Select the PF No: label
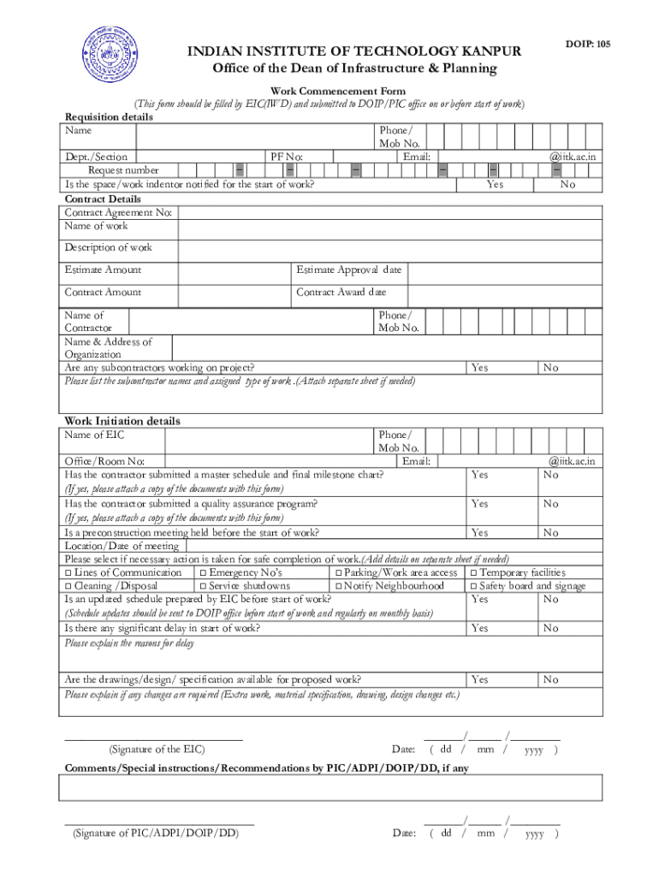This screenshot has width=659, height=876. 287,157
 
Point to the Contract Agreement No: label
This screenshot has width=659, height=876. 118,211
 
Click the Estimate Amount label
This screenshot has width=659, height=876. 103,269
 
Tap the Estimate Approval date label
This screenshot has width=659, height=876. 348,269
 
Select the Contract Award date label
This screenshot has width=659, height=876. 341,292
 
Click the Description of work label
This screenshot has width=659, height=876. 108,247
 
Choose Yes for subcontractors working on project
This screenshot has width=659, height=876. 479,367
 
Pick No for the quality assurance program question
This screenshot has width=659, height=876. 549,504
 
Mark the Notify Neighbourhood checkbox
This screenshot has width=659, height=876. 338,586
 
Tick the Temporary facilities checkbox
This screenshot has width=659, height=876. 473,572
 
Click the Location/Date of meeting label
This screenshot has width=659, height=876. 122,546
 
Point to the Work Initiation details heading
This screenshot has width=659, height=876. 122,421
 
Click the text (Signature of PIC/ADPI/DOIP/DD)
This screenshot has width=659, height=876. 155,832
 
